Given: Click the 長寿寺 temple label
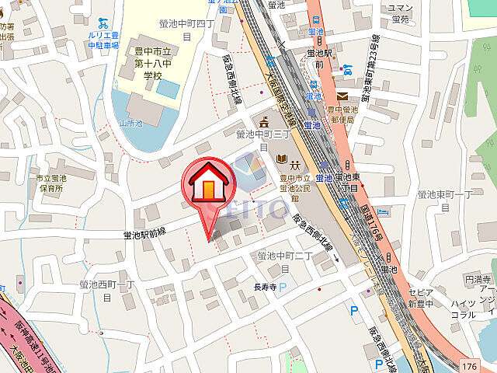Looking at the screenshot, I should click(265, 288).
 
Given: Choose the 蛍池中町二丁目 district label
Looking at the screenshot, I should click(285, 260).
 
